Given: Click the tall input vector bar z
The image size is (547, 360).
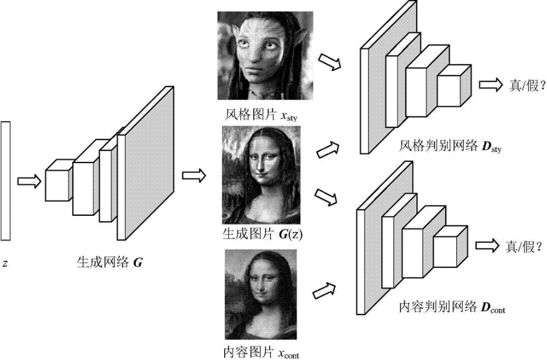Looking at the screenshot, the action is click(5, 180).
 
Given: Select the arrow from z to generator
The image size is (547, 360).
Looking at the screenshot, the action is click(28, 181).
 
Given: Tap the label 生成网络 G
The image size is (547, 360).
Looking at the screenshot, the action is click(108, 262).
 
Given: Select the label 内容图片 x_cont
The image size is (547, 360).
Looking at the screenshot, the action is click(262, 352).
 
